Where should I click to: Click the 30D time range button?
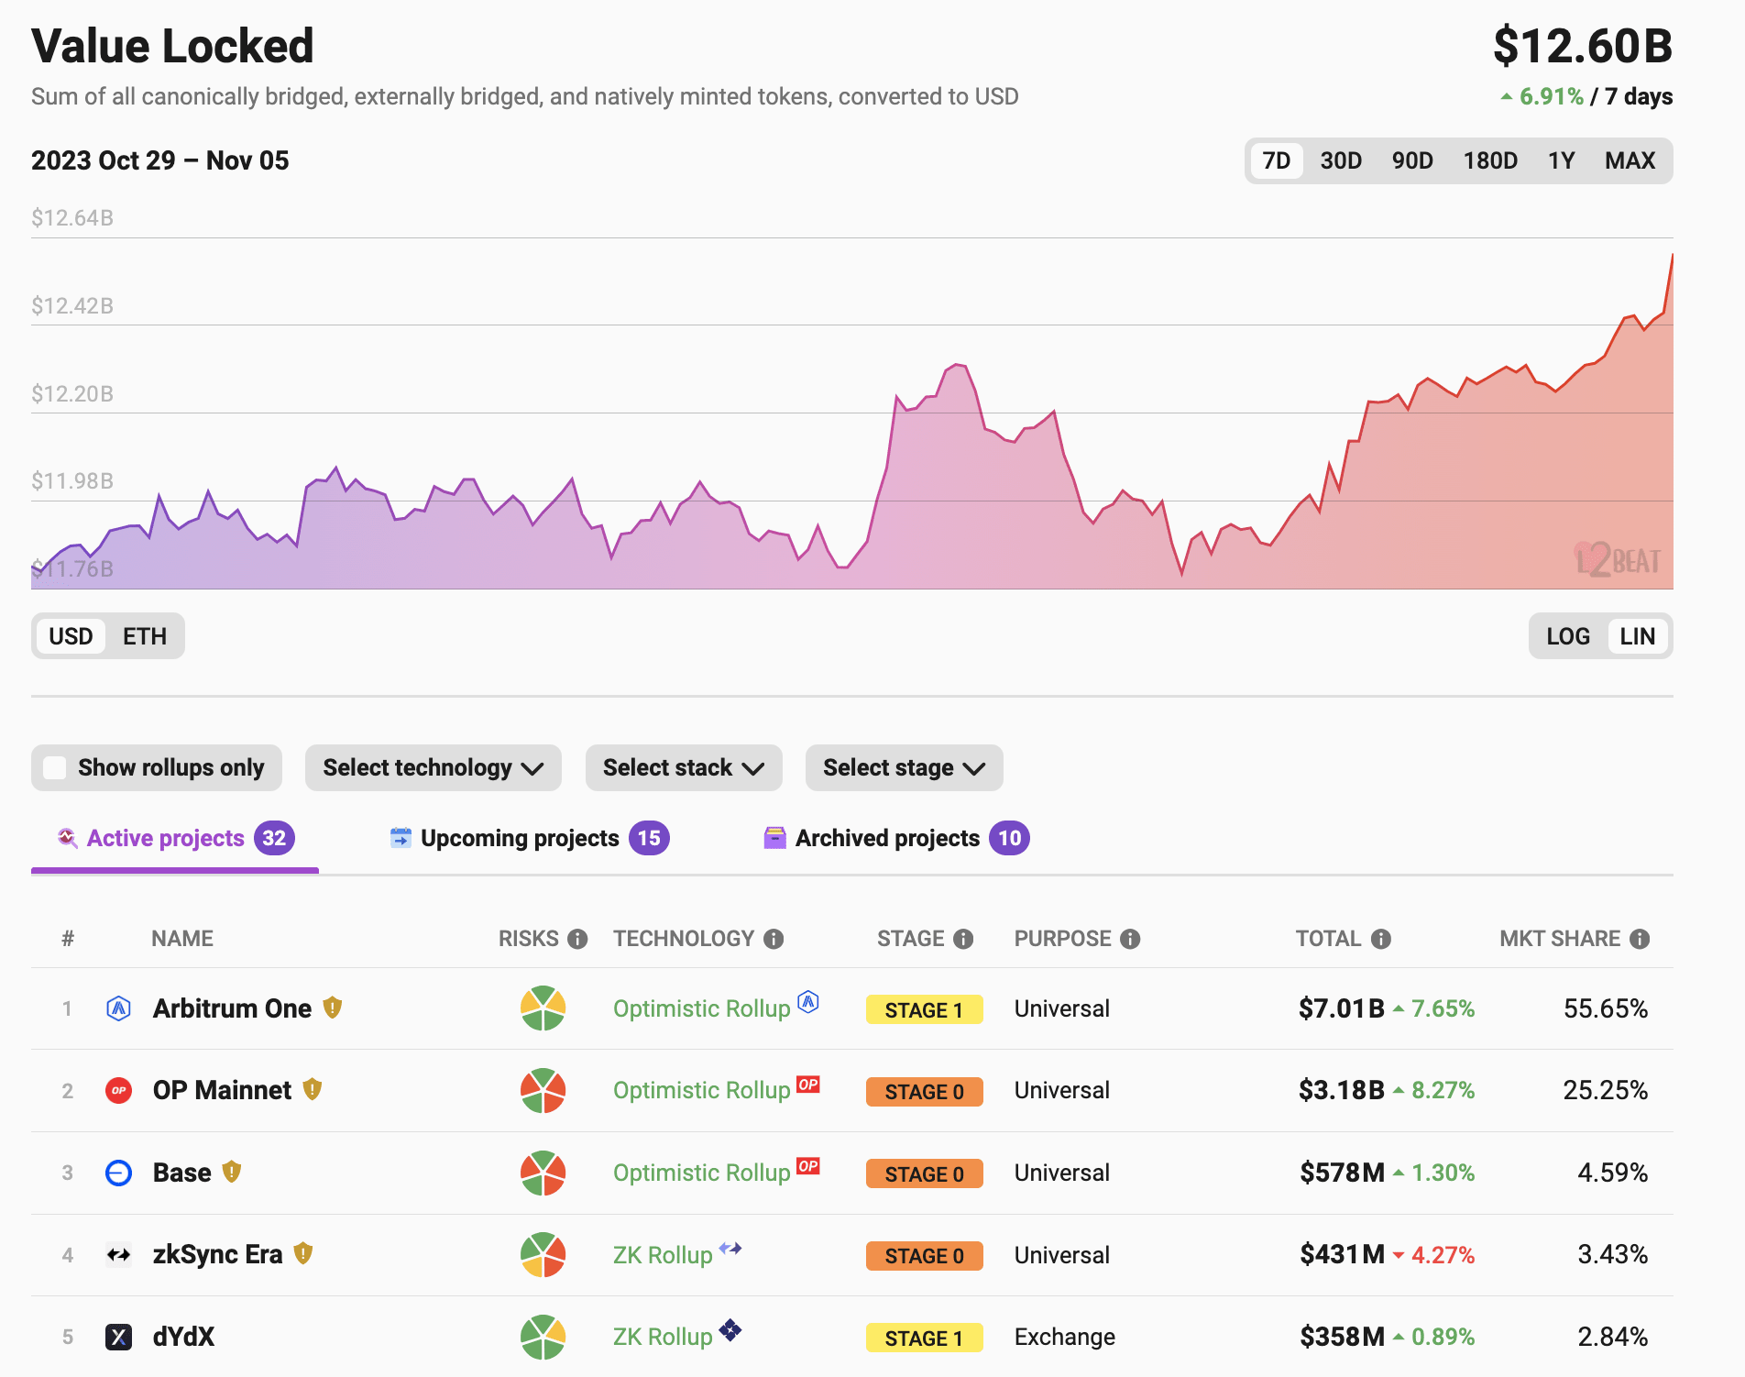1340,161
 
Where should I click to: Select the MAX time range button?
1629,161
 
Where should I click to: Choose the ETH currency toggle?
145,636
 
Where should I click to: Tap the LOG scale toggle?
1567,636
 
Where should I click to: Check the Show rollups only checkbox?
55,768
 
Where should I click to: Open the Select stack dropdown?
683,768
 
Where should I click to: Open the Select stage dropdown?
903,768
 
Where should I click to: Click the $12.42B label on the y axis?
72,306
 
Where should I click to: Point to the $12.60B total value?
1582,46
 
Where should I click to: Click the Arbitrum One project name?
232,1008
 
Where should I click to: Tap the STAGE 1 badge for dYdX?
924,1338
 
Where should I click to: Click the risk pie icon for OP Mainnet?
543,1090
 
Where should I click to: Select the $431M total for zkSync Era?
1342,1254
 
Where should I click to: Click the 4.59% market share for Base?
1612,1173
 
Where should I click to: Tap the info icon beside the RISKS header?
577,939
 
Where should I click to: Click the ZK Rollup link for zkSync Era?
662,1255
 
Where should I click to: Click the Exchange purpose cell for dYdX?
1064,1337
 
